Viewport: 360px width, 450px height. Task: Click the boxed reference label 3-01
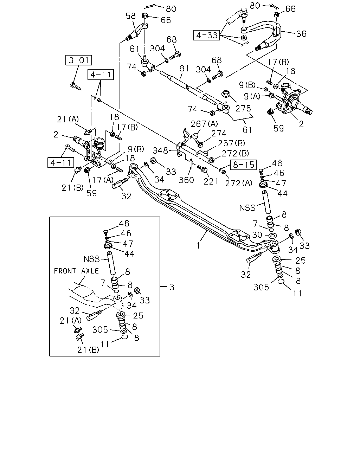78,60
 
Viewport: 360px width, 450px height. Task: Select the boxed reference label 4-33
206,35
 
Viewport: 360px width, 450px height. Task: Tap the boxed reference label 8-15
244,165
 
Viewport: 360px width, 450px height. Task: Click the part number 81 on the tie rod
184,69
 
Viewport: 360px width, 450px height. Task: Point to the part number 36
301,34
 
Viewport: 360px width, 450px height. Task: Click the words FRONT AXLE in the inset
76,271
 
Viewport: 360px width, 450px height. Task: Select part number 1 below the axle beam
198,245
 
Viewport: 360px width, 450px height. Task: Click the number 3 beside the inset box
172,287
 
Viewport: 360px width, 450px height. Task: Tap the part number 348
160,150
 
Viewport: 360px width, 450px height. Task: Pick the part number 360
186,180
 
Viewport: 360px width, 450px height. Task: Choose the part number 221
211,181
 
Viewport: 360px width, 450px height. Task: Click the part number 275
243,108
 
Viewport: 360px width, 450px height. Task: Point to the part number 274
219,133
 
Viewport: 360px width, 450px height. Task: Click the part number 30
257,235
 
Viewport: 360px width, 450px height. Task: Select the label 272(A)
239,184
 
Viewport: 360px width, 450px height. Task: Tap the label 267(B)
231,143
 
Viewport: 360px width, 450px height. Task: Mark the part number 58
131,16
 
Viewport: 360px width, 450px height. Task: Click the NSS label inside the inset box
91,259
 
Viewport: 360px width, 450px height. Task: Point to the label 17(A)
103,180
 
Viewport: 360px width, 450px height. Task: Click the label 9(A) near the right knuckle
252,96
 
